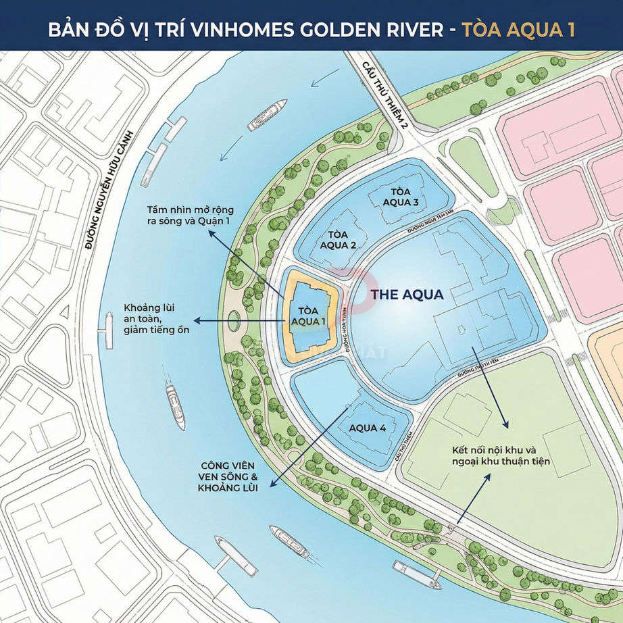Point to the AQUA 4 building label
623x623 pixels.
(368, 428)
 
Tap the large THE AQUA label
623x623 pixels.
(407, 295)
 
